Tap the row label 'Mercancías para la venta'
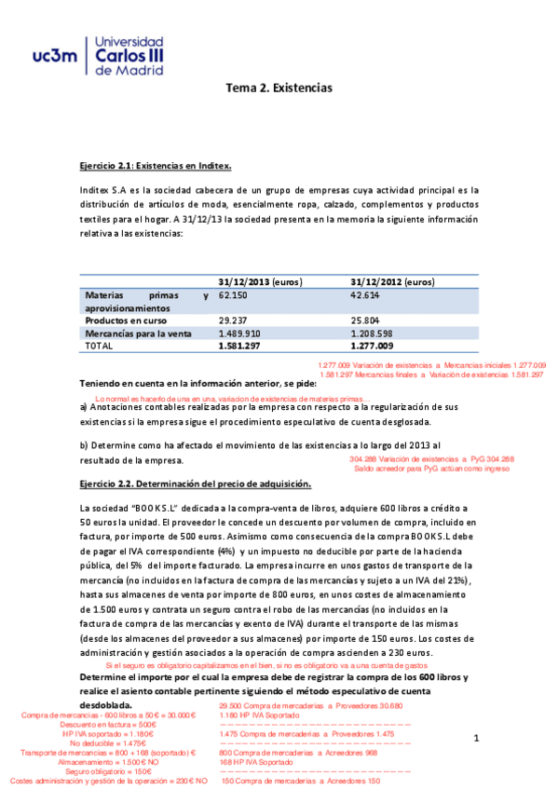click(x=138, y=333)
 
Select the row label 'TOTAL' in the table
click(x=99, y=346)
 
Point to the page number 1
click(x=475, y=739)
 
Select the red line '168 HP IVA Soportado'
click(x=257, y=762)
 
